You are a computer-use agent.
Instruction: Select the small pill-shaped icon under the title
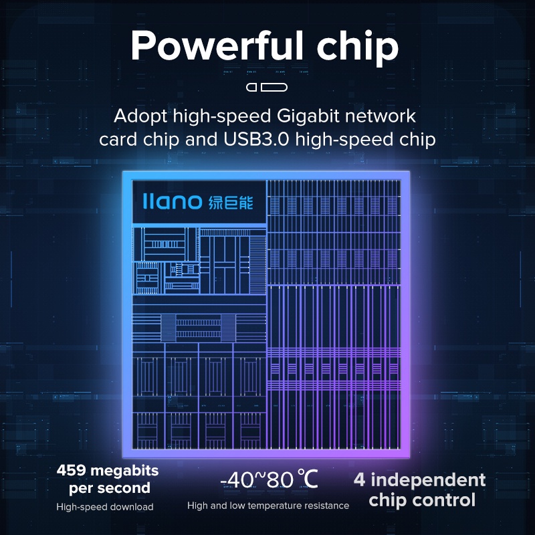coord(267,87)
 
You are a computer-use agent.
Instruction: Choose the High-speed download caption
coord(105,507)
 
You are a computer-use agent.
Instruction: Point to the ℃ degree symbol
coord(308,479)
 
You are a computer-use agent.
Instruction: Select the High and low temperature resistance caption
coord(268,506)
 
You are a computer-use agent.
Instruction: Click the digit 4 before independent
coord(359,479)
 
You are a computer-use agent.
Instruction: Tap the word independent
coord(429,480)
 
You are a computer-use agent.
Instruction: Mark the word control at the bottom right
coord(445,500)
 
